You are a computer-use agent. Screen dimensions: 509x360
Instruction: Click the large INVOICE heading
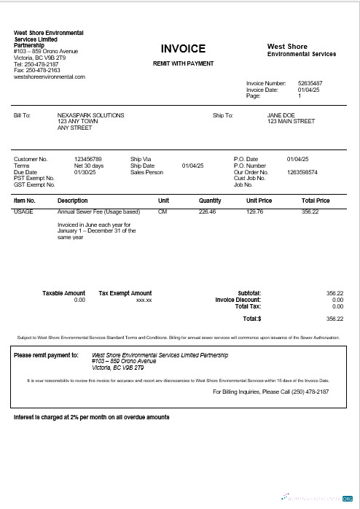click(x=183, y=49)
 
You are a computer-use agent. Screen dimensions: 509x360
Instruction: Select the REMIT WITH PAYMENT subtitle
click(x=183, y=63)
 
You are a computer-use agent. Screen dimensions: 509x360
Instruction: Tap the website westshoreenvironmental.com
click(x=50, y=77)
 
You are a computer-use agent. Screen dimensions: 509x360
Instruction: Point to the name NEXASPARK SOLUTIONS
click(x=90, y=115)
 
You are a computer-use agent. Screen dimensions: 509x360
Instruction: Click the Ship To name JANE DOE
click(x=281, y=115)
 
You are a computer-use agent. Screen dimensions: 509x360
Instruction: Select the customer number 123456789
click(x=88, y=158)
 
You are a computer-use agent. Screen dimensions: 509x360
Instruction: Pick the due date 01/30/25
click(x=85, y=172)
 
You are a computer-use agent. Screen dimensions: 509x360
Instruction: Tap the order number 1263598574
click(x=302, y=172)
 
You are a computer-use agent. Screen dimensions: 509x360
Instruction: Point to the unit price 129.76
click(x=254, y=211)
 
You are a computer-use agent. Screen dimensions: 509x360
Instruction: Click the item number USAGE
click(x=23, y=211)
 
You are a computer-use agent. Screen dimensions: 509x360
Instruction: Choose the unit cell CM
click(x=163, y=211)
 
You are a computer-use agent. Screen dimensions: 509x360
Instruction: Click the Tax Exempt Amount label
click(x=125, y=293)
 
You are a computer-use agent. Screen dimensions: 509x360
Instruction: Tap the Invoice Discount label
click(x=238, y=300)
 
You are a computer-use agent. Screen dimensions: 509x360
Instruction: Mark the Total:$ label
click(x=251, y=319)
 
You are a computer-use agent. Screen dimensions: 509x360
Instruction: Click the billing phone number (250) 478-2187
click(x=304, y=392)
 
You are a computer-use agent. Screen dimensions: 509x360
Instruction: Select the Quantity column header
click(x=210, y=200)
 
